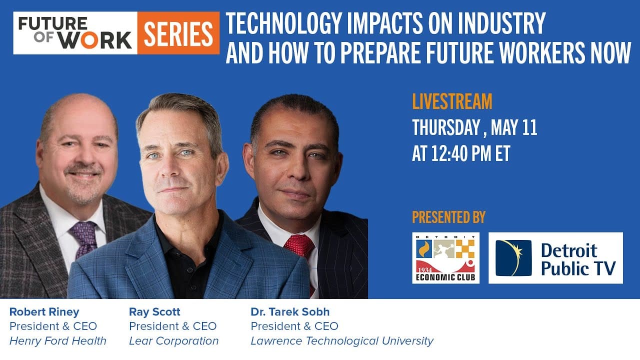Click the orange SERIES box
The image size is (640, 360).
click(178, 33)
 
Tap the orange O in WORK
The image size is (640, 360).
click(89, 40)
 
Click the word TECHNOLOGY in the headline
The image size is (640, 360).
click(284, 23)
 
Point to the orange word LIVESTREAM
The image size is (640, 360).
click(452, 101)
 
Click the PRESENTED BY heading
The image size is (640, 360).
click(448, 217)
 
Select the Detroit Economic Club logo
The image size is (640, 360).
click(445, 258)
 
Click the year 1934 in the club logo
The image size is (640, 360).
click(425, 270)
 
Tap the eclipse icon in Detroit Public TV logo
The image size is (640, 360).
click(513, 258)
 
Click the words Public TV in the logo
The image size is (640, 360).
click(578, 268)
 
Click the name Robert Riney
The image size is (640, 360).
click(44, 311)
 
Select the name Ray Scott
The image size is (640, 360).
click(154, 311)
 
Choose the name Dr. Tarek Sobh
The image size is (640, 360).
click(290, 311)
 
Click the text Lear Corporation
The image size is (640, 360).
click(173, 341)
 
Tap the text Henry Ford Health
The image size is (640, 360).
click(57, 341)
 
